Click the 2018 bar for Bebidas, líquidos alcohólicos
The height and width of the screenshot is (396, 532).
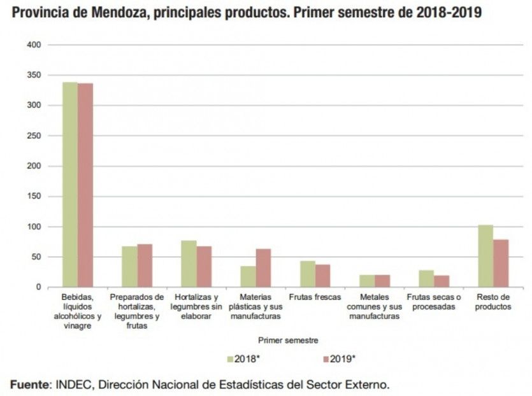click(x=70, y=185)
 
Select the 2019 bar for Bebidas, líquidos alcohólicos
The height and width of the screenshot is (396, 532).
click(x=85, y=185)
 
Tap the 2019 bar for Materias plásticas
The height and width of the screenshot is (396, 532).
click(x=263, y=268)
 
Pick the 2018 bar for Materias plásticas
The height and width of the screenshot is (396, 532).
click(x=248, y=277)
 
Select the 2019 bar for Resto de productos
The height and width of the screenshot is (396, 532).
click(x=501, y=264)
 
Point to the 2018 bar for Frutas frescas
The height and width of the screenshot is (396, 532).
click(x=308, y=274)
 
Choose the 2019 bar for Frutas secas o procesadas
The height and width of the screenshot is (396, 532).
click(x=442, y=281)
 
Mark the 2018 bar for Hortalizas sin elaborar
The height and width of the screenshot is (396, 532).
click(x=189, y=264)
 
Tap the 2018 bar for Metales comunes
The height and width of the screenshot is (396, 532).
click(x=367, y=281)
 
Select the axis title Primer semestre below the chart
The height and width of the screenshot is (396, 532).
click(x=289, y=341)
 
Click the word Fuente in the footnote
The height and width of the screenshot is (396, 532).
click(x=29, y=385)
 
